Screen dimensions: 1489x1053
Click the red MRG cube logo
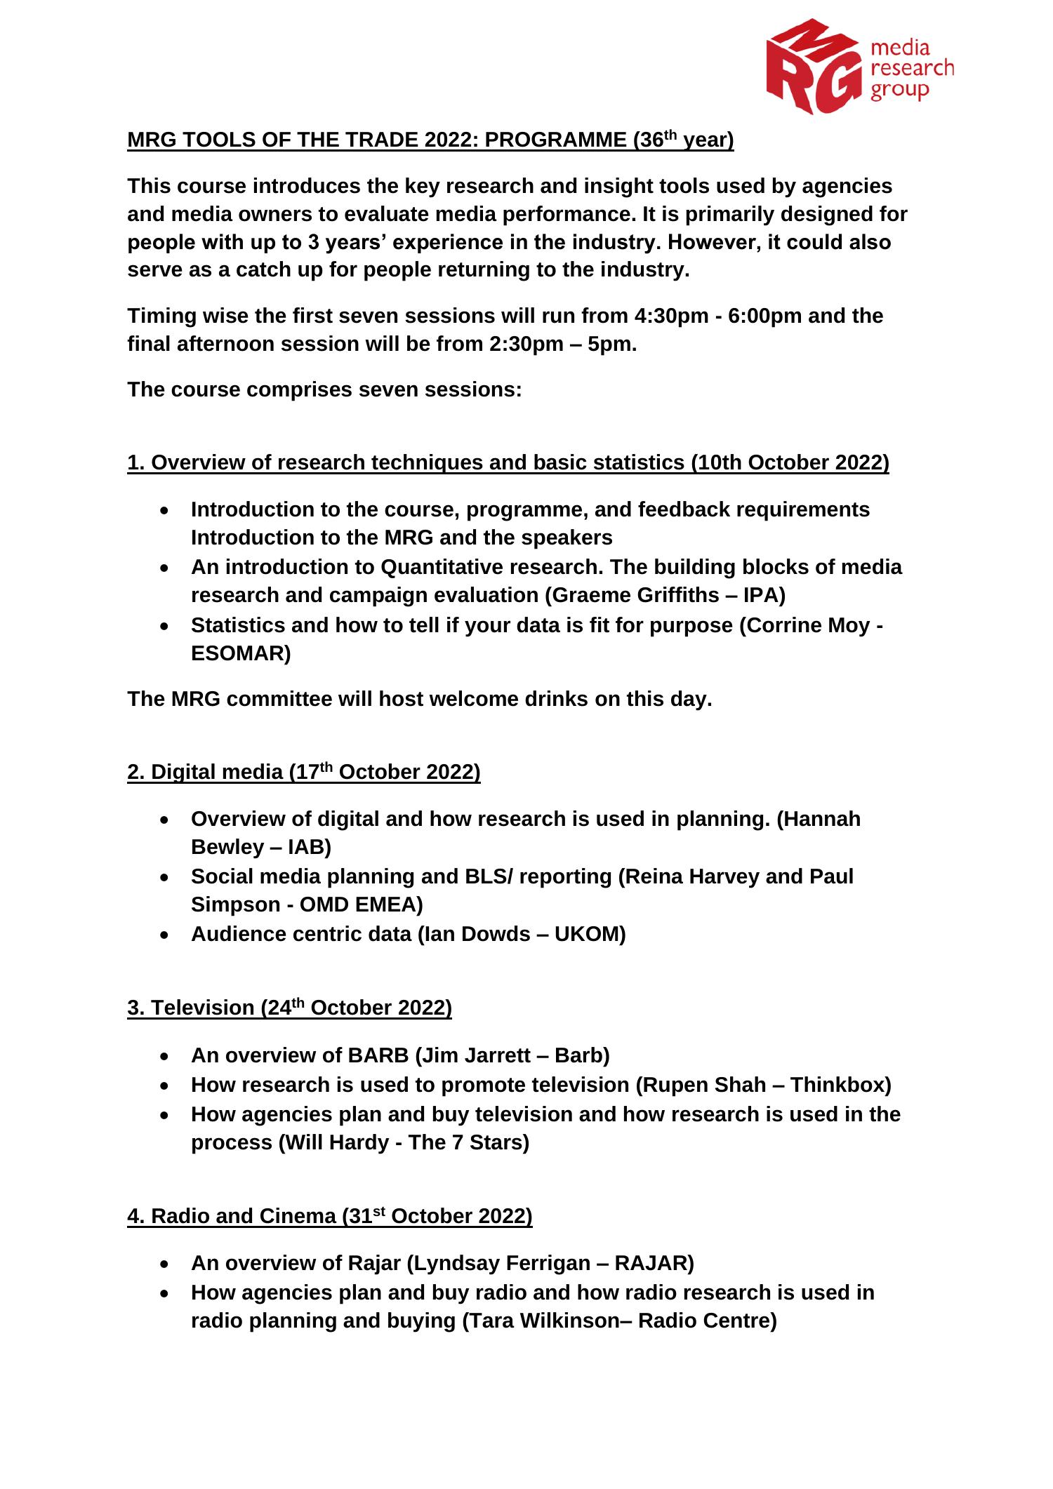tap(814, 67)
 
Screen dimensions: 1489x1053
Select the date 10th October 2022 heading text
tap(789, 463)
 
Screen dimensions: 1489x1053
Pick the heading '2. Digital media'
tap(205, 773)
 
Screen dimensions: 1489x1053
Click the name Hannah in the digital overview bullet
tap(819, 819)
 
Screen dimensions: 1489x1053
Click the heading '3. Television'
tap(191, 1008)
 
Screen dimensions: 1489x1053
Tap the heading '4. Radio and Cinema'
tap(232, 1216)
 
